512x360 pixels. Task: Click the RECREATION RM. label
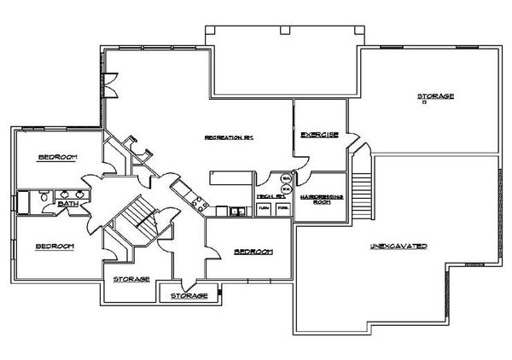coord(230,136)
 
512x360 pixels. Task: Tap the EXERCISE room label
coord(321,135)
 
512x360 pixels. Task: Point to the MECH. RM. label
coord(271,196)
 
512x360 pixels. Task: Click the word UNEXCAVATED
coord(399,247)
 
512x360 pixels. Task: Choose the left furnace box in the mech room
coord(265,208)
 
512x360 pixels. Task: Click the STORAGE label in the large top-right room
coord(434,96)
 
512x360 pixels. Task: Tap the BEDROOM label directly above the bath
coord(58,158)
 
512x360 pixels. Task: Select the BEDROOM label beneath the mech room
coord(253,252)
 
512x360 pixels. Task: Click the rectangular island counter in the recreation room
coord(230,177)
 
